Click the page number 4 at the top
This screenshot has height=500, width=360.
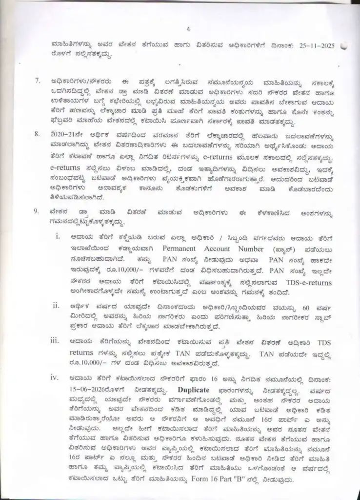point(180,28)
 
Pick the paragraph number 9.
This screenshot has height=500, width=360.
point(38,211)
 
